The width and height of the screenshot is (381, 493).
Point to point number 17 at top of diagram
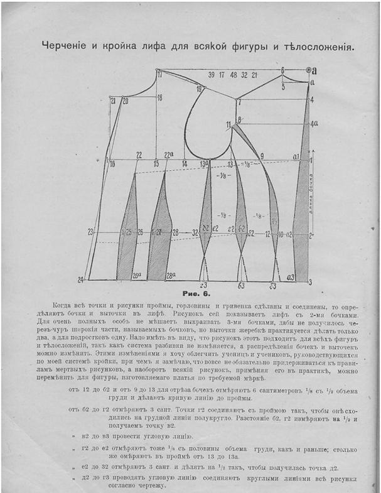pyautogui.click(x=159, y=75)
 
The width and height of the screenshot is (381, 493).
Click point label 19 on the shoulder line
pyautogui.click(x=199, y=90)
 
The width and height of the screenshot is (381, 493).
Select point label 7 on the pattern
pyautogui.click(x=239, y=101)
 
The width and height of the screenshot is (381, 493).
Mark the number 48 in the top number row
pyautogui.click(x=233, y=75)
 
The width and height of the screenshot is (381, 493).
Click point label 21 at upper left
pyautogui.click(x=113, y=100)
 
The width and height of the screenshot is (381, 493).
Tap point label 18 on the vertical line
pyautogui.click(x=159, y=97)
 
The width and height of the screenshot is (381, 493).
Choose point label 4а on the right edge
pyautogui.click(x=314, y=124)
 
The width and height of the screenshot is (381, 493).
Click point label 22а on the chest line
pyautogui.click(x=168, y=154)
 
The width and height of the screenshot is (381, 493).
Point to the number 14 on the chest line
pyautogui.click(x=185, y=164)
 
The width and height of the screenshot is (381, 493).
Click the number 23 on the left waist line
pyautogui.click(x=90, y=232)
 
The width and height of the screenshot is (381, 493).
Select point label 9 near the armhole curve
pyautogui.click(x=262, y=155)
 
